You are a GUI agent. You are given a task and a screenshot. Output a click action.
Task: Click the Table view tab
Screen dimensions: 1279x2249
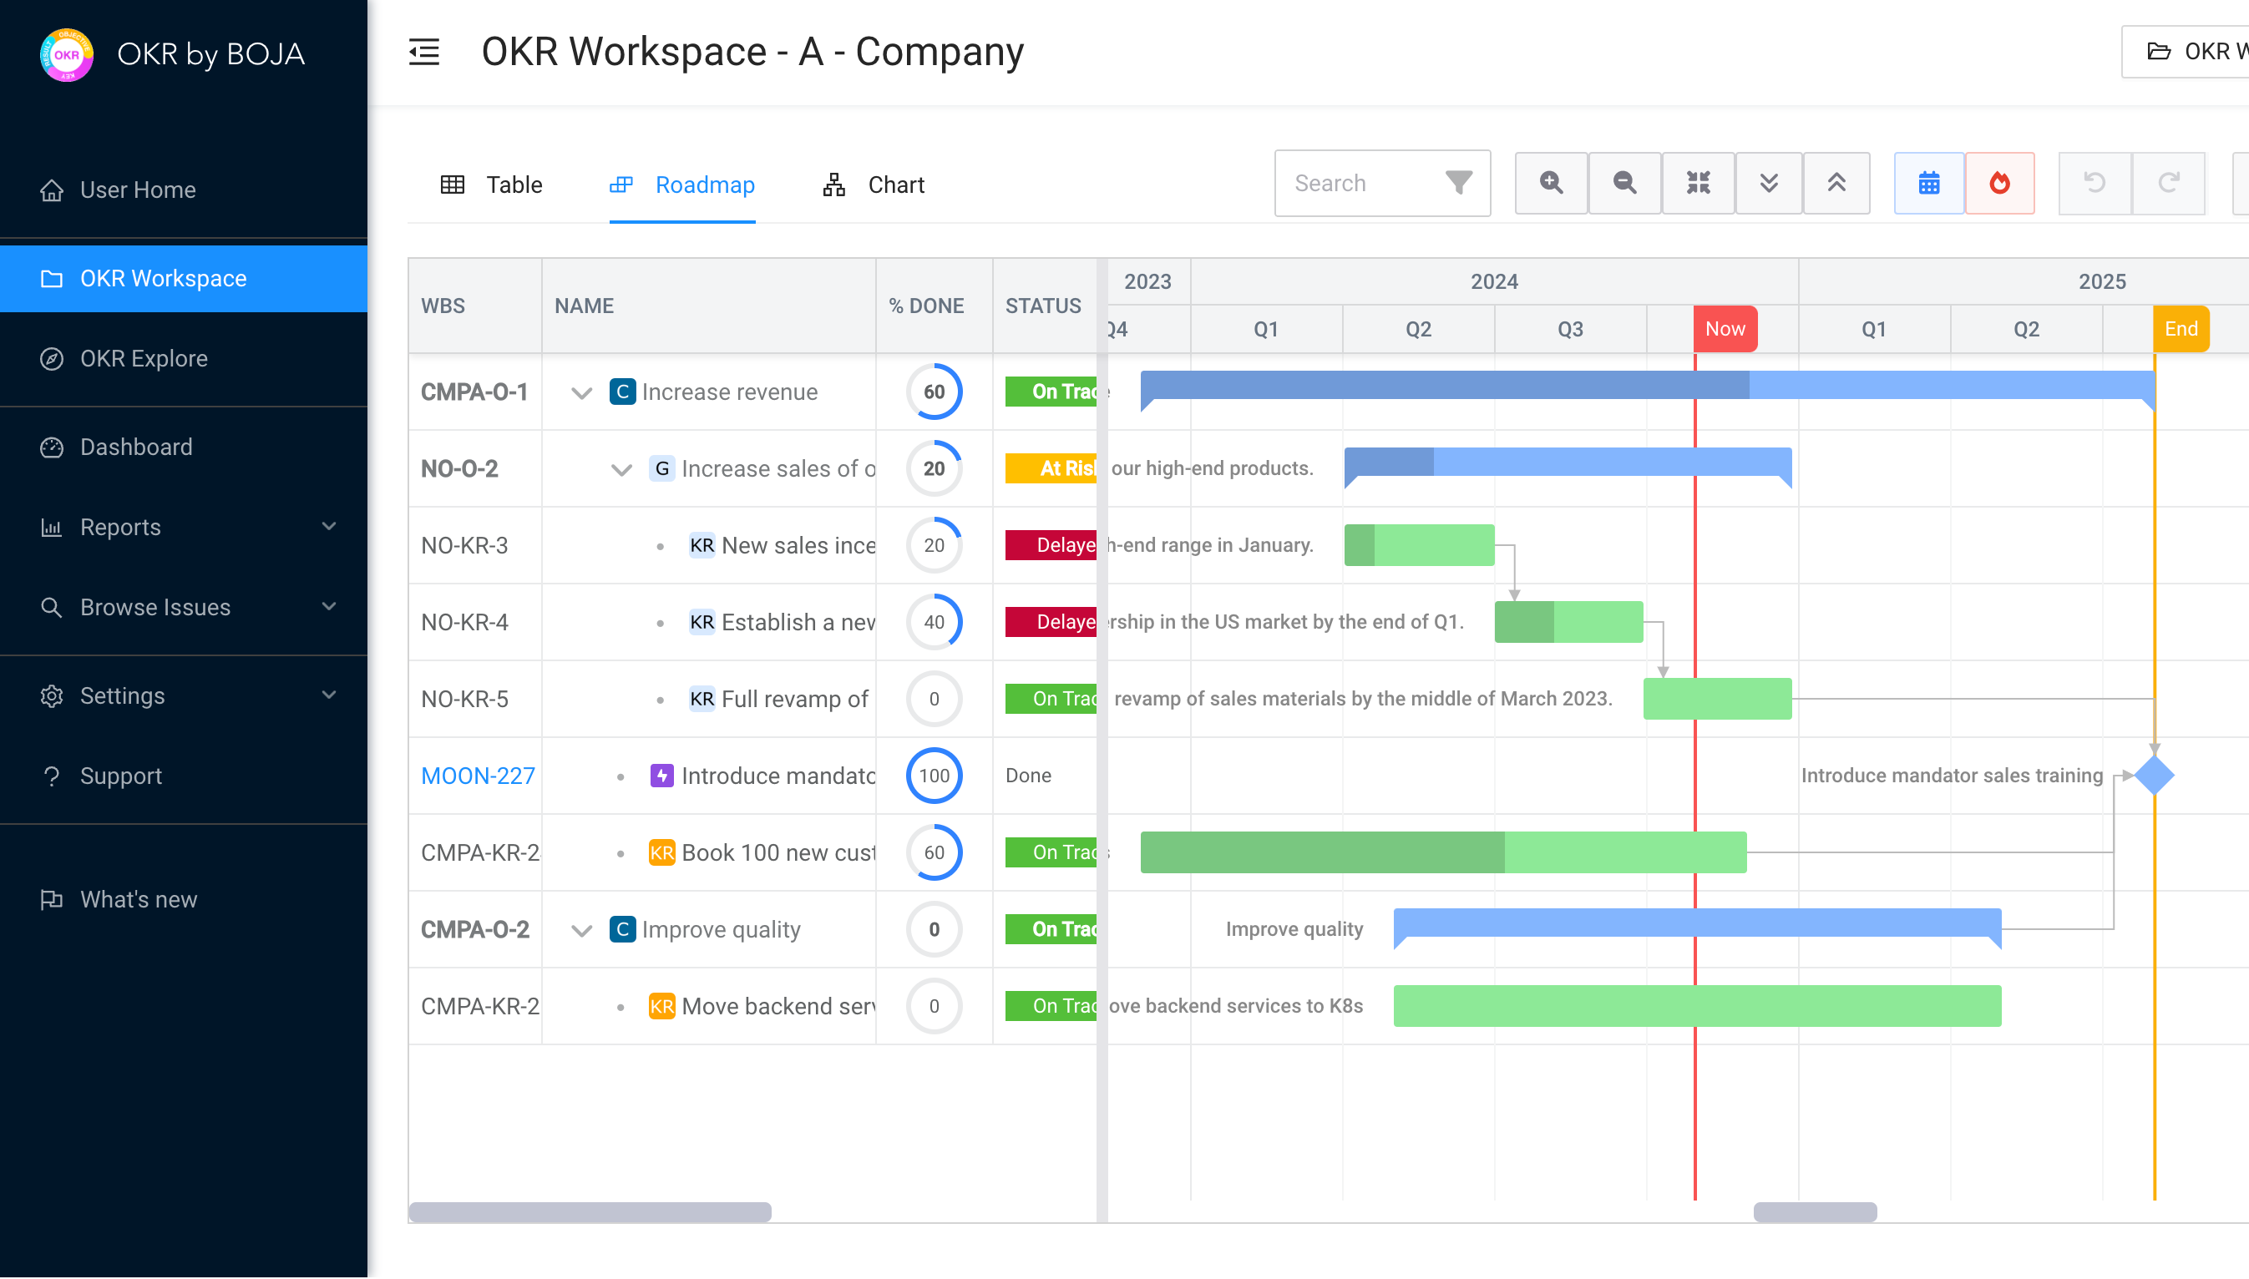tap(491, 185)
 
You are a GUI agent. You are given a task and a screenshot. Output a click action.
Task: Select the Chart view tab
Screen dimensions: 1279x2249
tap(874, 185)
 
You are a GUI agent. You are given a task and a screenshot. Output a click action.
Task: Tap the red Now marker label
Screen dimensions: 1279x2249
tap(1725, 329)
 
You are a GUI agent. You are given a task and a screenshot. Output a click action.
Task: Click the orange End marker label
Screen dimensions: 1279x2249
tap(2181, 329)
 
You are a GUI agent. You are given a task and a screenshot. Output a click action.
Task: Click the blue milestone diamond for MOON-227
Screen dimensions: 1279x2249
tap(2154, 776)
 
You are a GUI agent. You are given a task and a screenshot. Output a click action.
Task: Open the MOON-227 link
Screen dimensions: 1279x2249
tap(477, 776)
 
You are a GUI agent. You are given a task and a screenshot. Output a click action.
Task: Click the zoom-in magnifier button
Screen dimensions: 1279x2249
tap(1551, 183)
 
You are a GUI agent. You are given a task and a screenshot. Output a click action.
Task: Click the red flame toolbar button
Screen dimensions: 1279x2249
tap(1999, 183)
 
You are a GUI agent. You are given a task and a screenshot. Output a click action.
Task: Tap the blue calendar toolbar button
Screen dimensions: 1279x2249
tap(1928, 183)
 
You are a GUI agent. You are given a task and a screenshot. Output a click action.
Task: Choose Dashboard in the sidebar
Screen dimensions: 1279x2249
tap(136, 447)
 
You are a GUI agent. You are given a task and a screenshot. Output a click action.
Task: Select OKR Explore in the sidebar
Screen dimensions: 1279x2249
tap(143, 358)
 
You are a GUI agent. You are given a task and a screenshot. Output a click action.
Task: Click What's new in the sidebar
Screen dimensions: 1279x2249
tap(138, 899)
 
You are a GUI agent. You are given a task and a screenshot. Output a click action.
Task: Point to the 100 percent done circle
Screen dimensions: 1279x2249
tap(934, 776)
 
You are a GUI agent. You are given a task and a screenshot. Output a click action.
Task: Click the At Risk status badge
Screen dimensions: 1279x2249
tap(1051, 468)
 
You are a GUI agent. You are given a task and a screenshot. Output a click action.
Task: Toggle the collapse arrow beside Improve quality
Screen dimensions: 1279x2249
tap(581, 930)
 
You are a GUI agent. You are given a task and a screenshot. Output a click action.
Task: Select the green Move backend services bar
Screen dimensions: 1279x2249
tap(1696, 1006)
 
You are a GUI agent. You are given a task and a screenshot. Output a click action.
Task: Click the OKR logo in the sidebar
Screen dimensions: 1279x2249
tap(67, 54)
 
